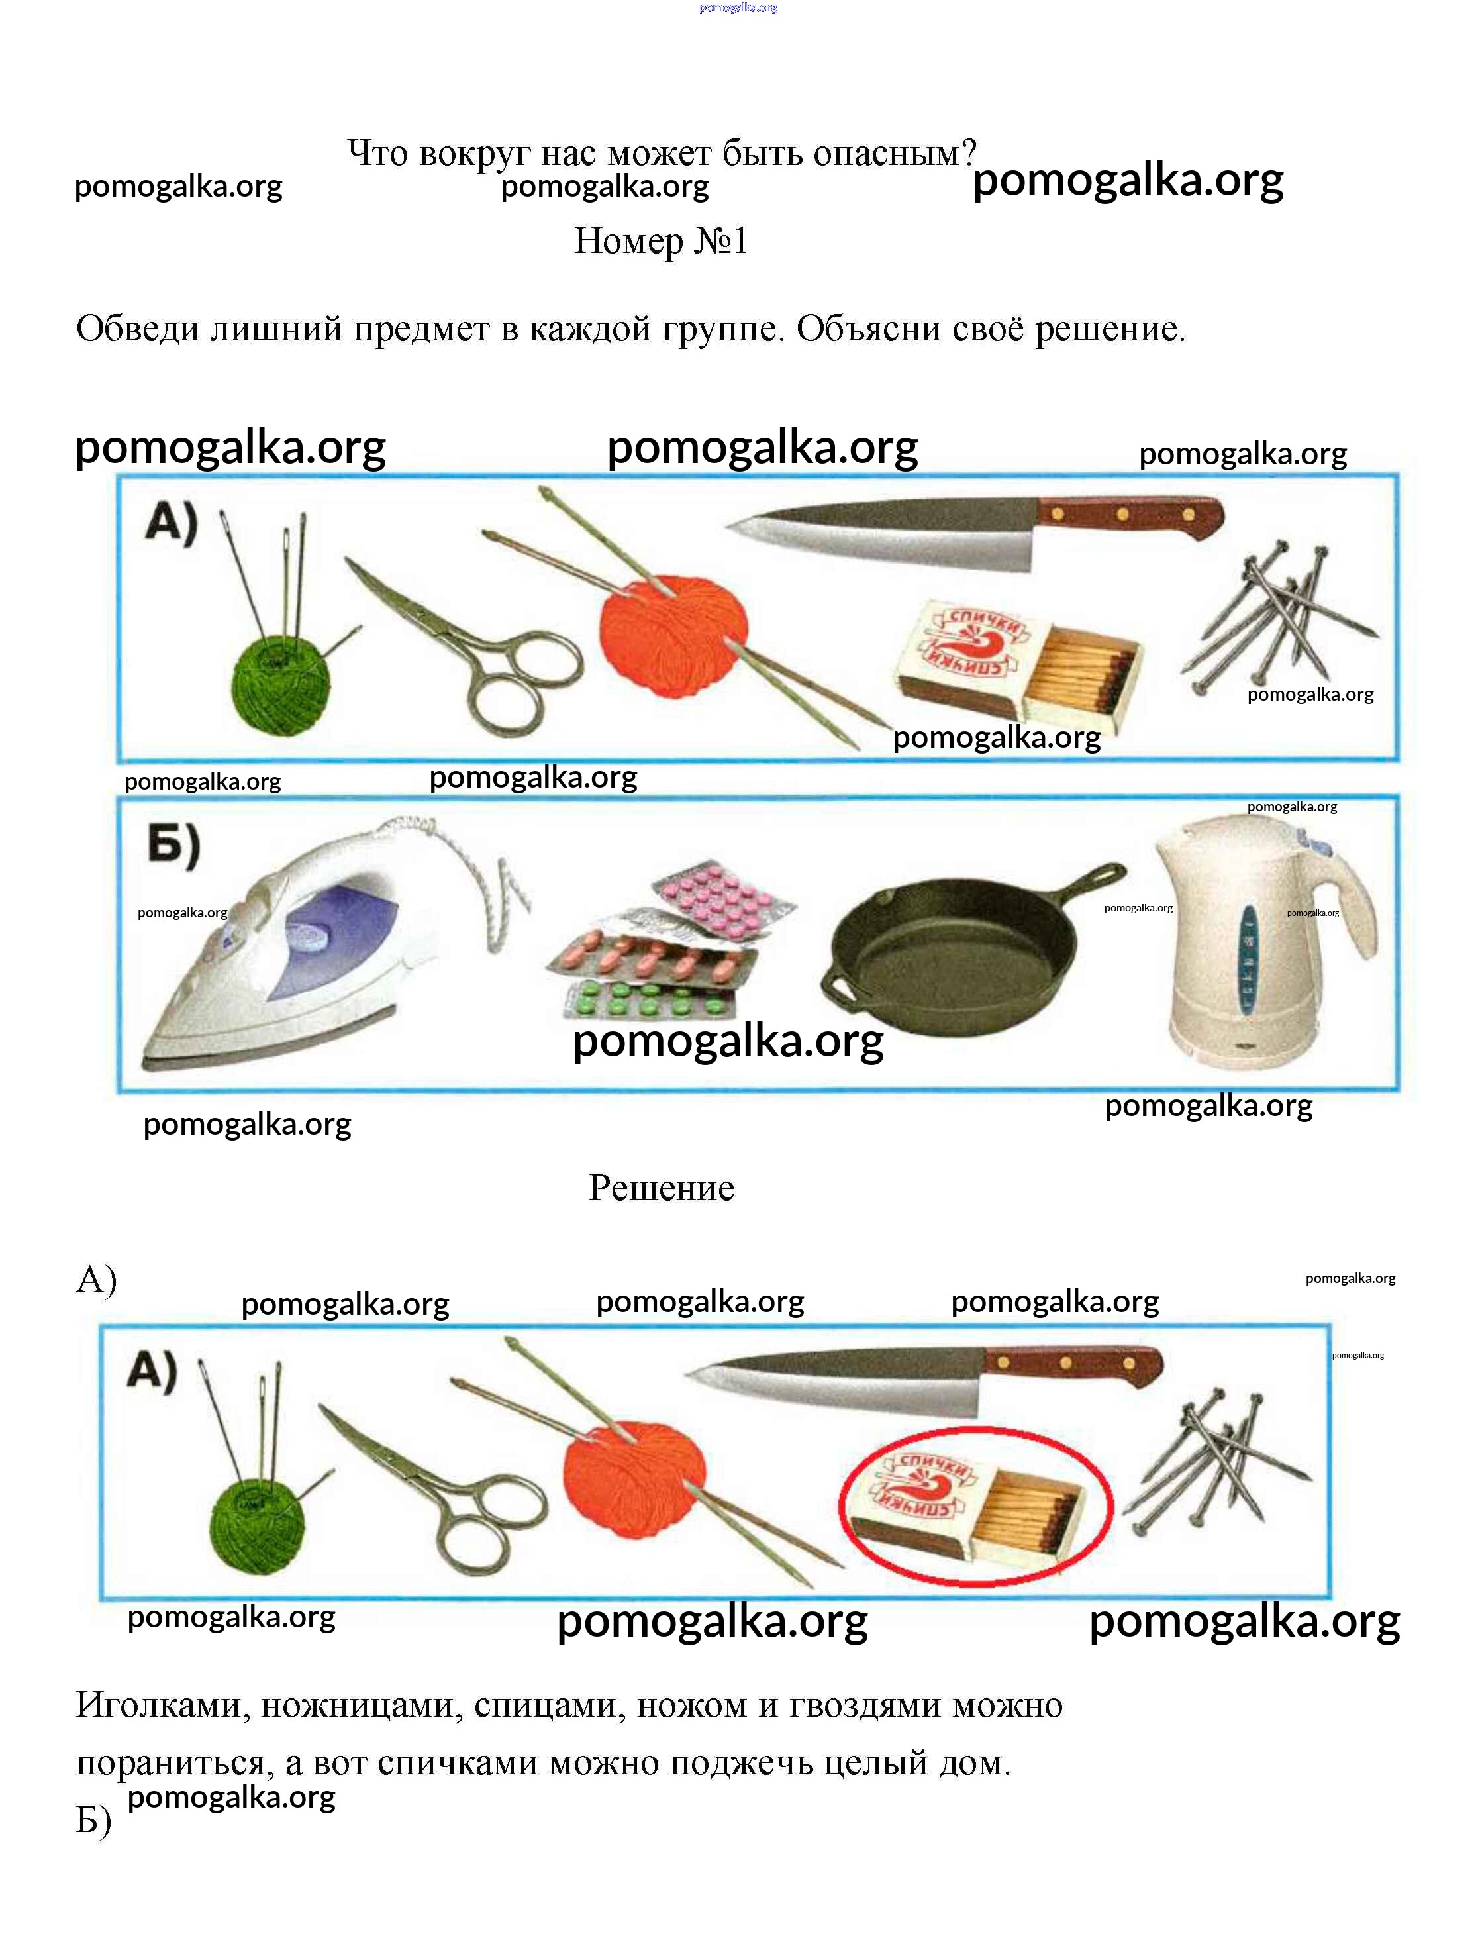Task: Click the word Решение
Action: point(661,1188)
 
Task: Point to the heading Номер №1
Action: point(661,241)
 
